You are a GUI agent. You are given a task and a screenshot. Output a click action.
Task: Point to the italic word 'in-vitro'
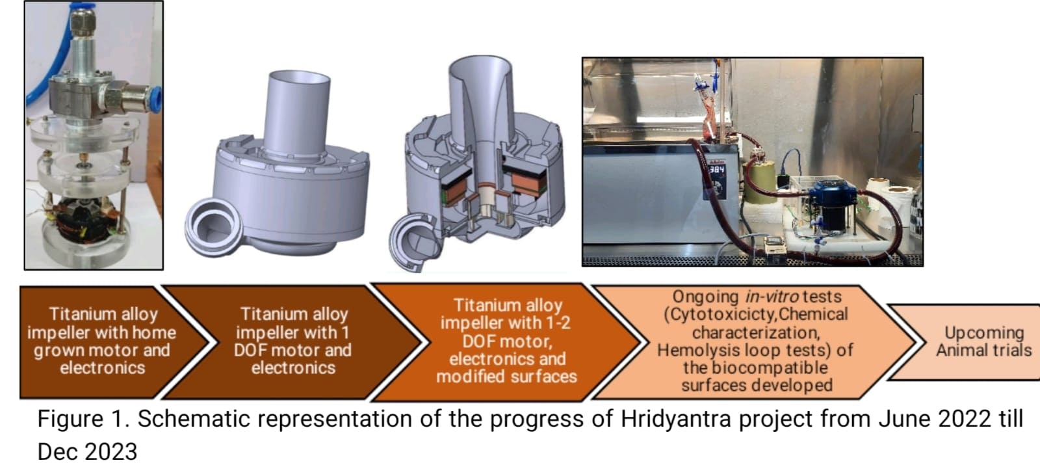(x=772, y=297)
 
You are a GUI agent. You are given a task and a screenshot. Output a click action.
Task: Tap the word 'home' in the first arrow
(x=153, y=332)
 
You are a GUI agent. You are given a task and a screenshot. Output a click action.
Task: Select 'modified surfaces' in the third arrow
(x=506, y=377)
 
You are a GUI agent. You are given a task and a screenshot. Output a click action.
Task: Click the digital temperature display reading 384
(x=716, y=170)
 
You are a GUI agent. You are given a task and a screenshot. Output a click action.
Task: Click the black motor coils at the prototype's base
(x=86, y=225)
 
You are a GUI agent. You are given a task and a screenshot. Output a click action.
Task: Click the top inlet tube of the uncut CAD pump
(x=296, y=114)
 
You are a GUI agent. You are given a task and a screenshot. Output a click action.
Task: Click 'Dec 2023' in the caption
(x=87, y=451)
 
